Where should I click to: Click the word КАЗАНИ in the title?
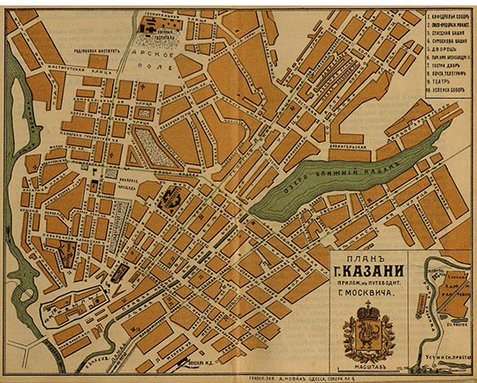(373, 271)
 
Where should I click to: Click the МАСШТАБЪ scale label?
(373, 360)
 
